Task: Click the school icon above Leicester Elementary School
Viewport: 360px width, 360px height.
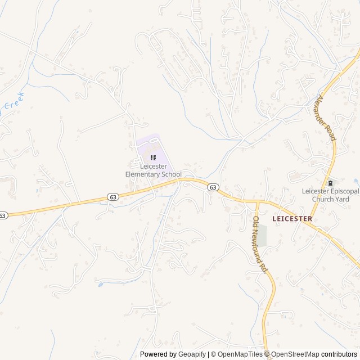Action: coord(153,157)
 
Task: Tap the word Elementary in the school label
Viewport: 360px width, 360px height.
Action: coord(142,174)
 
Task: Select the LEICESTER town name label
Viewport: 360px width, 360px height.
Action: coord(292,218)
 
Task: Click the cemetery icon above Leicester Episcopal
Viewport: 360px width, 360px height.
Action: coord(330,183)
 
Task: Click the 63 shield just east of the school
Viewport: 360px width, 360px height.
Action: coord(212,187)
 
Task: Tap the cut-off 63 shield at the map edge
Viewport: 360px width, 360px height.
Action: coord(3,215)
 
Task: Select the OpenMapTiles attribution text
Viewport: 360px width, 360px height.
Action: coord(240,354)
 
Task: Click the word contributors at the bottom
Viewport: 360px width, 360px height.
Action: coord(340,354)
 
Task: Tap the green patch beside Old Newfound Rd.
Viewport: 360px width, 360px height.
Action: coord(262,235)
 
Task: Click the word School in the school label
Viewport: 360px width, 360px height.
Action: coord(172,174)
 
